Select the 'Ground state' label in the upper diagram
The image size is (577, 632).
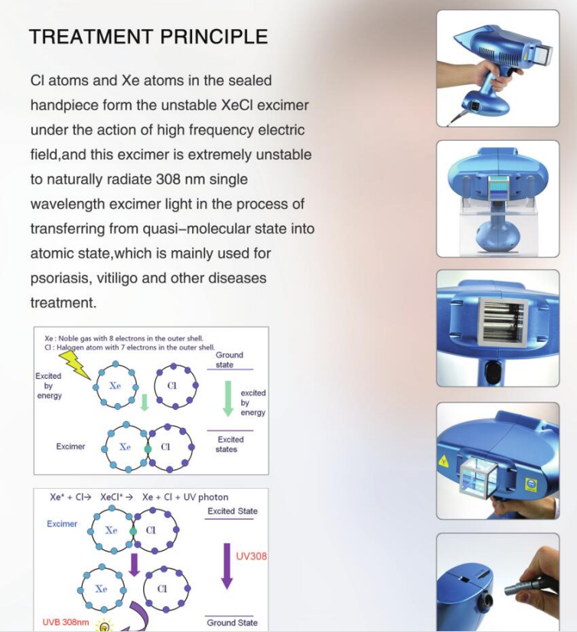coord(229,360)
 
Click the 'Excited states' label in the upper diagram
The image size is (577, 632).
coord(230,445)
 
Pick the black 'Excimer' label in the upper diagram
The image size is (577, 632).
coord(70,446)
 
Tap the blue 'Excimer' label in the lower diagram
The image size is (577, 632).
coord(62,524)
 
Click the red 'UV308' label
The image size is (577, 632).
coord(251,556)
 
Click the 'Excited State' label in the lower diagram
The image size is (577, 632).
coord(233,511)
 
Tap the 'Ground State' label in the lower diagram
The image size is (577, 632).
coord(232,622)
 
